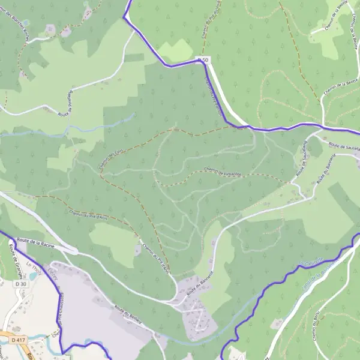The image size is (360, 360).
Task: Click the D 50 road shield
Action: [203, 59]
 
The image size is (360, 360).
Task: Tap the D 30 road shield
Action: [20, 284]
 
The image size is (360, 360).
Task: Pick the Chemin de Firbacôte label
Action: [221, 172]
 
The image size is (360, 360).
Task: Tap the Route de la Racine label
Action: [37, 243]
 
